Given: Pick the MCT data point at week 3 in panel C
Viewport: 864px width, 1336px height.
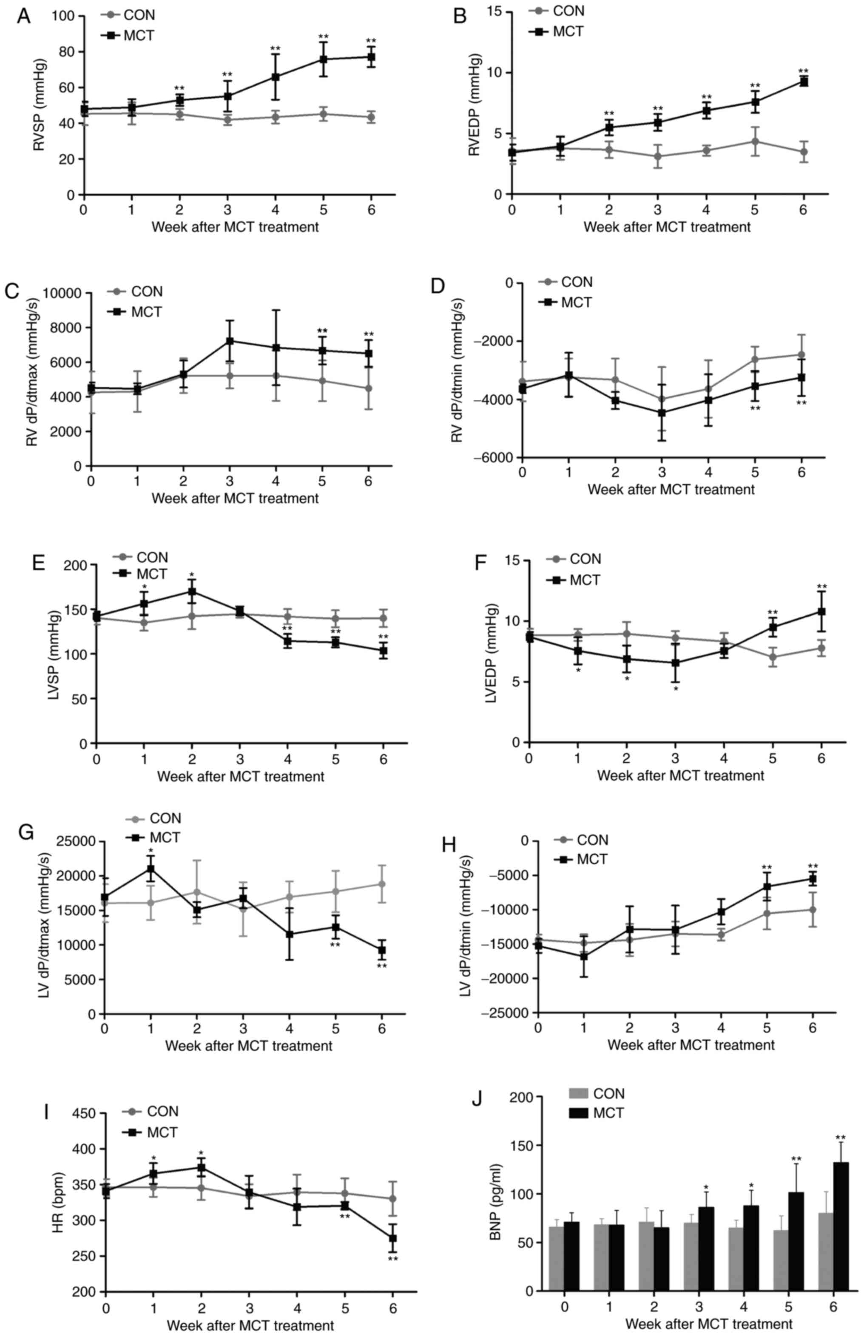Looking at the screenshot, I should (x=230, y=341).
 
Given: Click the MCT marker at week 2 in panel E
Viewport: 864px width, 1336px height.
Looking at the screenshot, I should (x=192, y=592).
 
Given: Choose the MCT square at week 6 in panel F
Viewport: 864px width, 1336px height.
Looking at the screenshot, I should (x=821, y=611).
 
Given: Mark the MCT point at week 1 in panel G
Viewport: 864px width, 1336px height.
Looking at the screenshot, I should (x=151, y=869).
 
